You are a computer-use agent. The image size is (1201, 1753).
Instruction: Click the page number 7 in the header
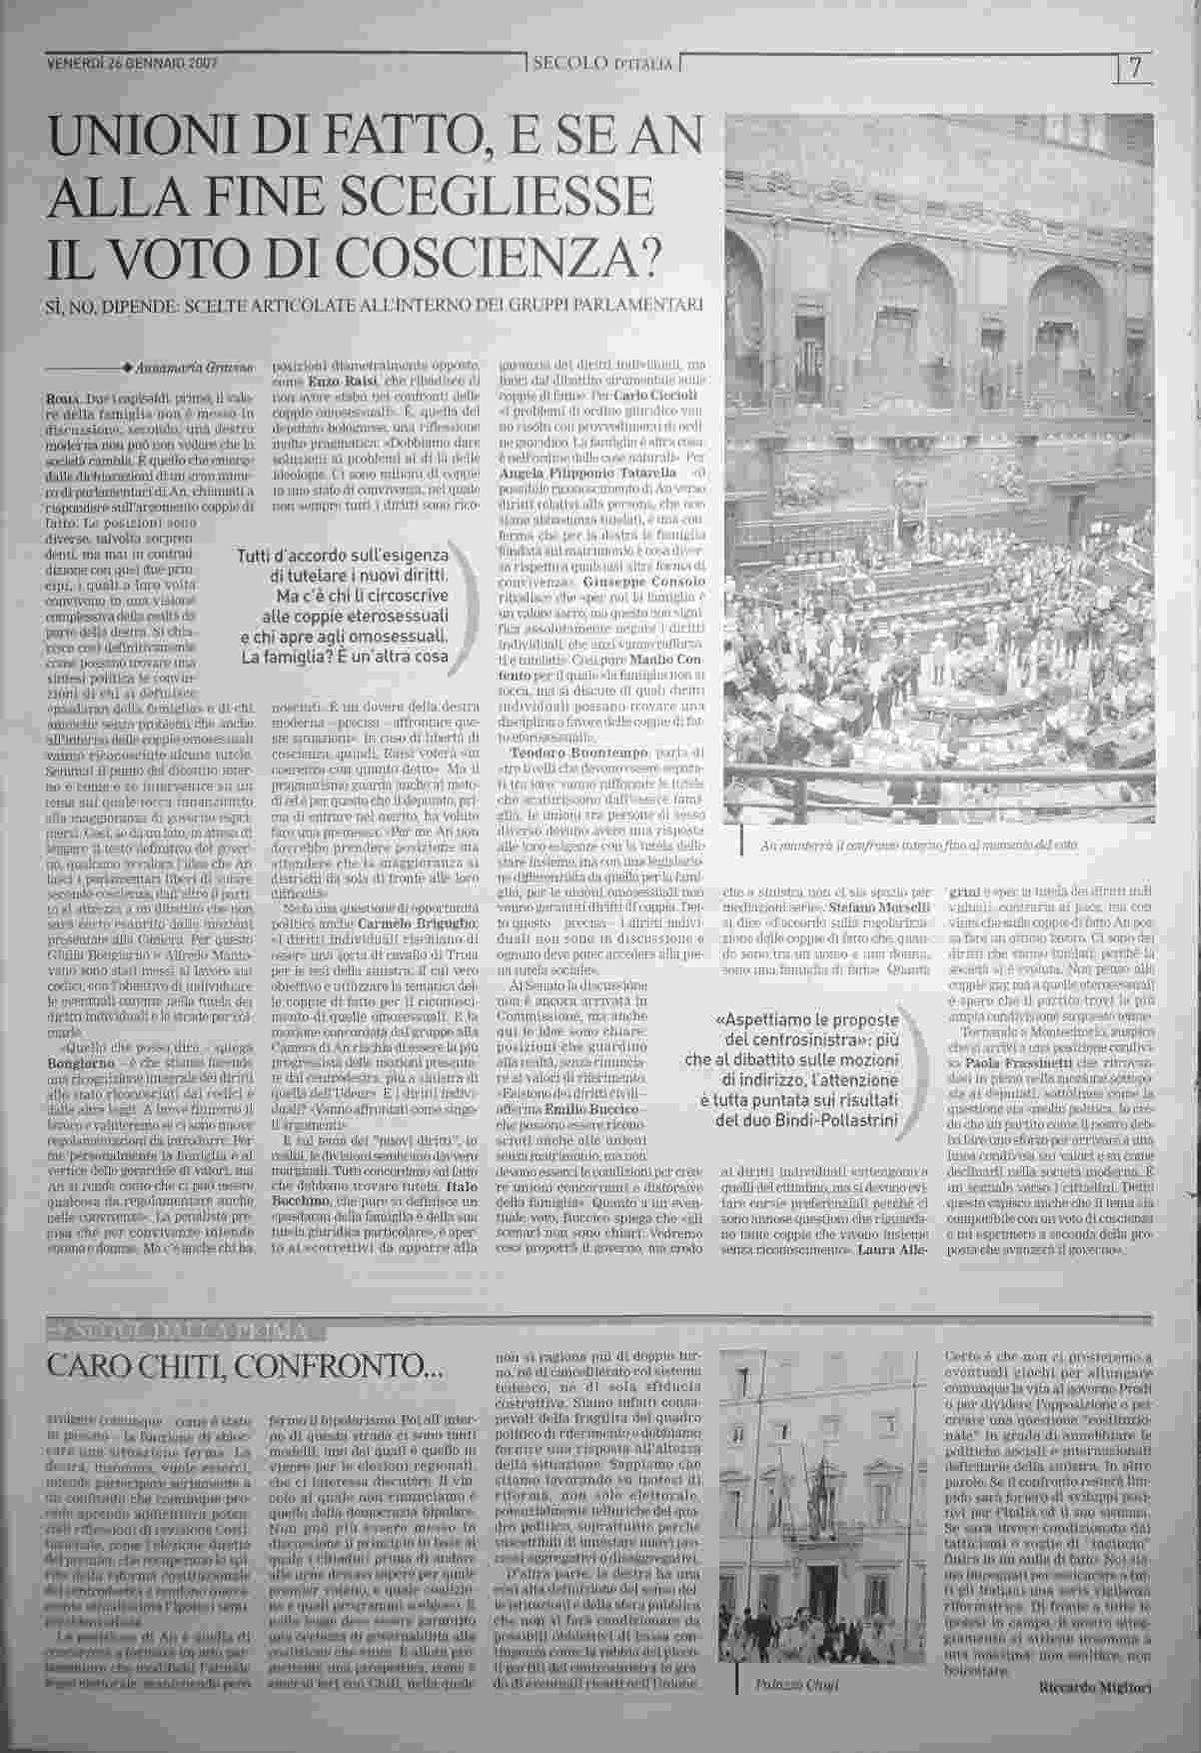[x=1135, y=67]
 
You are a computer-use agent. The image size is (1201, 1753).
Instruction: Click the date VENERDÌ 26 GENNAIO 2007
[x=133, y=63]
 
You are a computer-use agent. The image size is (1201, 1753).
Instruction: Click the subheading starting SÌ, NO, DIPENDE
[x=379, y=303]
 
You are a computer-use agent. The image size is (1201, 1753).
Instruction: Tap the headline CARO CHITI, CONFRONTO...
[x=245, y=1365]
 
